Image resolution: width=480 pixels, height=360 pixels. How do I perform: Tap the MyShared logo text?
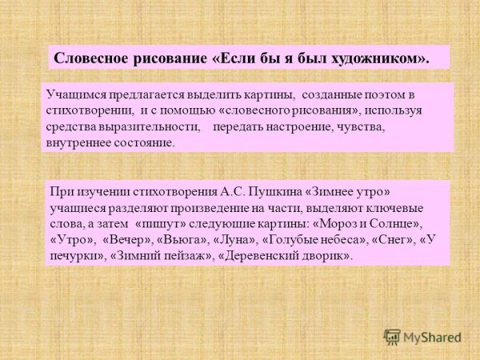tap(433, 337)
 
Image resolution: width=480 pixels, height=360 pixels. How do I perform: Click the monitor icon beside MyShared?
tap(391, 337)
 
